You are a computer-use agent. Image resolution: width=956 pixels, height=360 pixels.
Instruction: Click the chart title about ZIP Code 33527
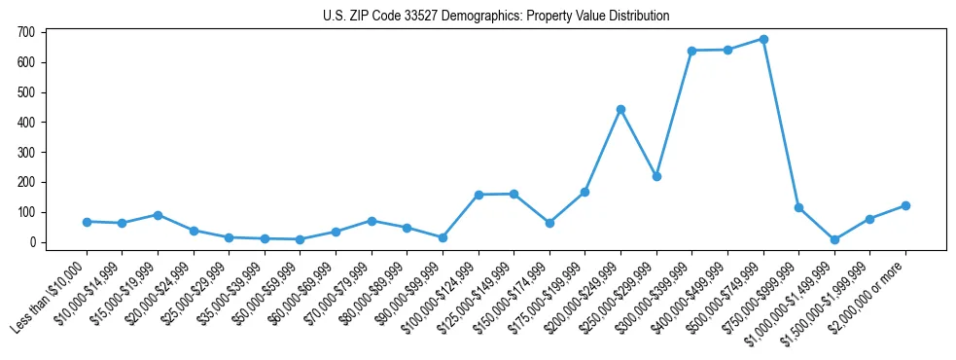click(x=496, y=16)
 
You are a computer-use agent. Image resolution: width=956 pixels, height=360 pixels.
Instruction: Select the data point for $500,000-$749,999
click(x=763, y=39)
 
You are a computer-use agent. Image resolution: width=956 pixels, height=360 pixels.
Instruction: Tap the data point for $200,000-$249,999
click(x=620, y=109)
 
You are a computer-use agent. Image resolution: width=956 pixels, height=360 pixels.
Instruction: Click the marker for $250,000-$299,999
click(x=656, y=176)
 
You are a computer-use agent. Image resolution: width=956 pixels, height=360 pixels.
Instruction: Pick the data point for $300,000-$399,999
click(x=691, y=51)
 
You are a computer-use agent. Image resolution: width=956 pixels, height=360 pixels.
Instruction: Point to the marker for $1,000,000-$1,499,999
click(x=834, y=239)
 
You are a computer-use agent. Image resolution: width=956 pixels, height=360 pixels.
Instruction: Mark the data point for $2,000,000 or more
click(x=905, y=205)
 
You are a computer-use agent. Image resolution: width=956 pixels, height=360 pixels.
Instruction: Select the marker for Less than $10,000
click(x=87, y=222)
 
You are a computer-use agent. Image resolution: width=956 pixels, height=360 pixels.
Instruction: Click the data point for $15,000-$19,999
click(x=158, y=215)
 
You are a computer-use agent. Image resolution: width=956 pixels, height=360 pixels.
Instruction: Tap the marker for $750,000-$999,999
click(x=798, y=207)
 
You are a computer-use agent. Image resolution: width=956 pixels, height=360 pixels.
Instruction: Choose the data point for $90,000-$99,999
click(x=443, y=237)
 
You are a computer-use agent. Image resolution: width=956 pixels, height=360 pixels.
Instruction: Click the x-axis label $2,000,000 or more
click(x=870, y=292)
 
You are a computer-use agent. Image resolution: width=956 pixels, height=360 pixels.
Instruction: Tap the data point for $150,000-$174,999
click(x=549, y=223)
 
